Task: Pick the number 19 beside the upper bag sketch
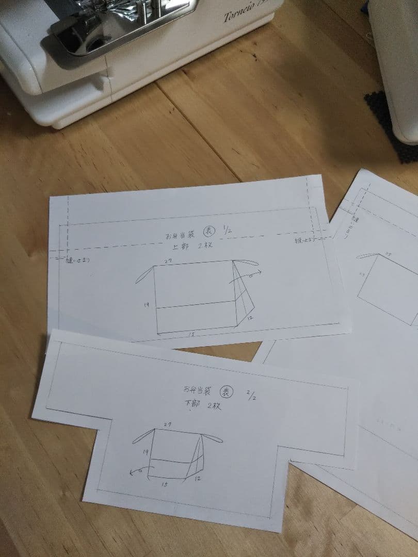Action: (147, 305)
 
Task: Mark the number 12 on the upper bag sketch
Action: (250, 319)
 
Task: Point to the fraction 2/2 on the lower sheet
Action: (251, 396)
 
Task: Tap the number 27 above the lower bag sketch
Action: (167, 424)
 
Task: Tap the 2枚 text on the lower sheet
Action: (214, 406)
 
